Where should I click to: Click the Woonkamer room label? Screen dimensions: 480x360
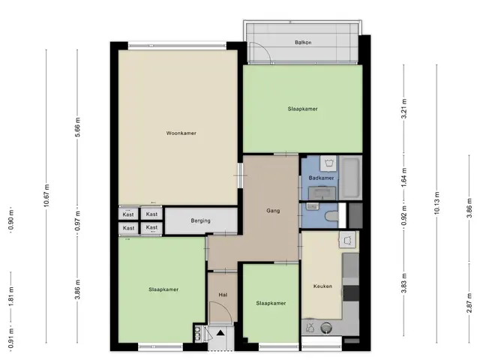tap(181, 133)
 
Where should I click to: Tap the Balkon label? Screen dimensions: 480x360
tap(303, 42)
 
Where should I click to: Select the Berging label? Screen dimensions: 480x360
tap(200, 220)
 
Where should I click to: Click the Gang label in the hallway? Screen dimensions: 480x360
tap(273, 211)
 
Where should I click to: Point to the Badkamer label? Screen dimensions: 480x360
tap(321, 178)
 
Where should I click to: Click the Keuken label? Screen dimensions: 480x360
tap(322, 286)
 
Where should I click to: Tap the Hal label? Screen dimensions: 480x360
tap(223, 295)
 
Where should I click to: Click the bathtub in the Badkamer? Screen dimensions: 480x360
tap(349, 177)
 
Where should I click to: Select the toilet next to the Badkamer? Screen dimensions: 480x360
tap(331, 216)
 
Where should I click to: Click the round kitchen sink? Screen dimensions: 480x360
tap(326, 328)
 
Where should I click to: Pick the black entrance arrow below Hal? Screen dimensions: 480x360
tap(220, 333)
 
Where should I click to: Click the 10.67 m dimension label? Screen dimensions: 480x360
tap(46, 196)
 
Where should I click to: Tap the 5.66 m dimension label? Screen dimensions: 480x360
tap(78, 127)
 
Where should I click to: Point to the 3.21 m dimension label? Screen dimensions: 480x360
tap(404, 109)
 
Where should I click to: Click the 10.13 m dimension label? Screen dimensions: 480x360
tap(436, 203)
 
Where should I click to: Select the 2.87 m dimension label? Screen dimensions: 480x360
tap(469, 303)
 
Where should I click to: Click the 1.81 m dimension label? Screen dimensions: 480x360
tap(11, 296)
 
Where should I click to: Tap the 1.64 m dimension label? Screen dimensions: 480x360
tap(404, 177)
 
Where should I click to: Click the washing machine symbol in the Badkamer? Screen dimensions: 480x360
tap(329, 163)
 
